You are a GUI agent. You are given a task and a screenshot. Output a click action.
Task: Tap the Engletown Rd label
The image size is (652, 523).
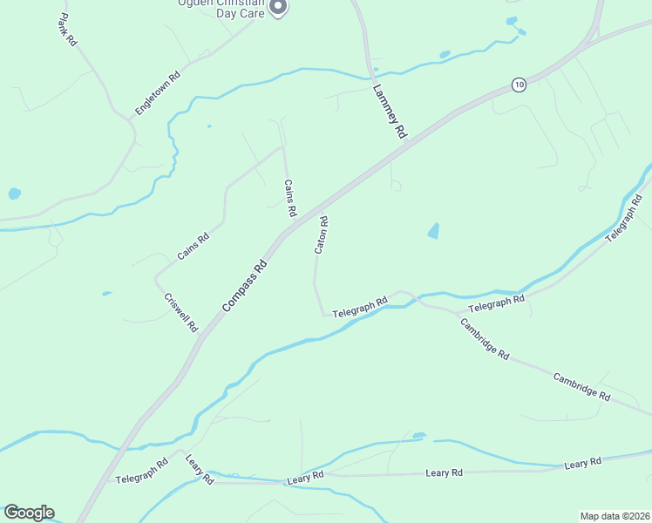(x=157, y=93)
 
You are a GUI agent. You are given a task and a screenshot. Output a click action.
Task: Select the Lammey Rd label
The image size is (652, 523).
(x=390, y=112)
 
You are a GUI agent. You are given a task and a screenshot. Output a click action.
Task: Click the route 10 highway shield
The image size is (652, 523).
(x=520, y=85)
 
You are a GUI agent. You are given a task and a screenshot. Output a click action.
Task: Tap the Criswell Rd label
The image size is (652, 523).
(x=181, y=312)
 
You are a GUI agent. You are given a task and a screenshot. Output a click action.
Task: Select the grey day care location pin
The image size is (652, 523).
(x=278, y=8)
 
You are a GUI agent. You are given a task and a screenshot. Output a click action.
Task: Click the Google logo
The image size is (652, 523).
(x=29, y=513)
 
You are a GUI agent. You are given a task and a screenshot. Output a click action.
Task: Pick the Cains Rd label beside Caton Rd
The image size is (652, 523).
(x=290, y=199)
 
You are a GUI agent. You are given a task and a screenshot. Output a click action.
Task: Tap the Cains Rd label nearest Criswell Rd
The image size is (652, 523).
(x=193, y=247)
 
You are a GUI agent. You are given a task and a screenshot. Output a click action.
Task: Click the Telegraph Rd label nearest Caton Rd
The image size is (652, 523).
(x=359, y=307)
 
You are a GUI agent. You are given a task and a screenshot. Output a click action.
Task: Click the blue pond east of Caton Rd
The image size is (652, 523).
(x=433, y=231)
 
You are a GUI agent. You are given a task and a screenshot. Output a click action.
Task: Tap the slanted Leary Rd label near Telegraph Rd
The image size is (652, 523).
(x=199, y=469)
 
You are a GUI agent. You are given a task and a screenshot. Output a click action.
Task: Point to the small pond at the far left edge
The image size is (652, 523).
(x=13, y=194)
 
